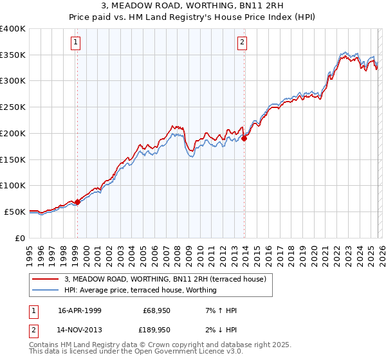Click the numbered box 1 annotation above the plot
[76, 43]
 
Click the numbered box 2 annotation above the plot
[243, 43]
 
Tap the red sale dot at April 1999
[78, 202]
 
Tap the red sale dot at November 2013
[244, 138]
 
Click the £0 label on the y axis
[20, 238]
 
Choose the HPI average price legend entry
[140, 290]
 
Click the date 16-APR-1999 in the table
[79, 310]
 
